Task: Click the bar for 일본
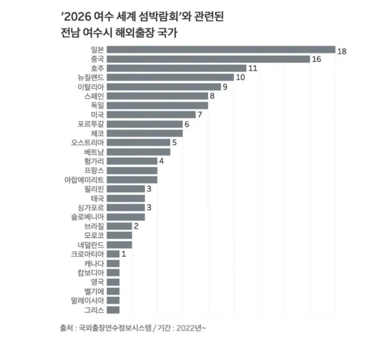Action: [x=221, y=50]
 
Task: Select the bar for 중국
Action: [x=208, y=59]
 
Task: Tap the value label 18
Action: [x=342, y=52]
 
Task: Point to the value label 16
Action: [x=316, y=59]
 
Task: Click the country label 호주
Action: [x=97, y=68]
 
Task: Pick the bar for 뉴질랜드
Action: [x=170, y=77]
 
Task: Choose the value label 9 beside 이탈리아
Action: [x=225, y=87]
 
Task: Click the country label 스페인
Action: [x=94, y=96]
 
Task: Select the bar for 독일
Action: [x=157, y=105]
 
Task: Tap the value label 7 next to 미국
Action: [x=200, y=115]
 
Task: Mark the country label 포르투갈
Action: [x=91, y=124]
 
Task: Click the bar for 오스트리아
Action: [x=138, y=142]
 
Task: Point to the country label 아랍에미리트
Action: [x=84, y=180]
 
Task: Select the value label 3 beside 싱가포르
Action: [x=149, y=207]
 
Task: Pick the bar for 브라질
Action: [x=119, y=226]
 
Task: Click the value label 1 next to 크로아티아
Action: [x=124, y=254]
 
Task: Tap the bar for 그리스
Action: [x=113, y=310]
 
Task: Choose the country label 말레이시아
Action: [x=87, y=301]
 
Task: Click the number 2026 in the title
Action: [x=78, y=17]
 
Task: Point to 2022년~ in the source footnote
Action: [x=191, y=328]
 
